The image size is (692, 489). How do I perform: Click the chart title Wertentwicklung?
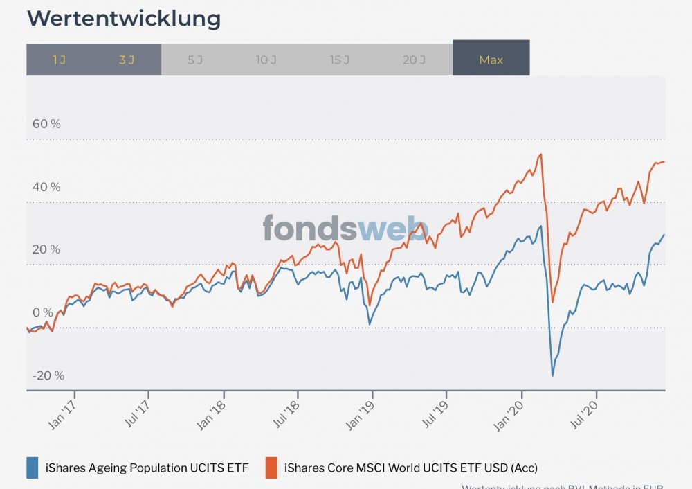pyautogui.click(x=124, y=19)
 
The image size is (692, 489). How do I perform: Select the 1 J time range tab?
pyautogui.click(x=60, y=60)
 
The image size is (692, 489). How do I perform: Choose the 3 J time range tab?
pyautogui.click(x=127, y=60)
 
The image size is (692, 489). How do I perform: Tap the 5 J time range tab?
pyautogui.click(x=195, y=60)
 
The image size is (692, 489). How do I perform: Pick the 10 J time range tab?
pyautogui.click(x=266, y=60)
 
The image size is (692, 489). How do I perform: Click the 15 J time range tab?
pyautogui.click(x=339, y=60)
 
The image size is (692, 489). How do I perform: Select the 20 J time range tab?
pyautogui.click(x=414, y=60)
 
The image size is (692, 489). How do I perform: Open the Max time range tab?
pyautogui.click(x=491, y=60)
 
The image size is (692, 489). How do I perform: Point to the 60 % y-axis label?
pyautogui.click(x=46, y=124)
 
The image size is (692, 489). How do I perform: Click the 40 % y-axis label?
pyautogui.click(x=46, y=187)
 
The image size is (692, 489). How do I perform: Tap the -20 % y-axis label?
pyautogui.click(x=48, y=375)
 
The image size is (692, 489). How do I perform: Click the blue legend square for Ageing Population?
pyautogui.click(x=32, y=468)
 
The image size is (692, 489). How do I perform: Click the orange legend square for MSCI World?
pyautogui.click(x=272, y=468)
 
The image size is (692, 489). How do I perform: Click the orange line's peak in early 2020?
pyautogui.click(x=540, y=154)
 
